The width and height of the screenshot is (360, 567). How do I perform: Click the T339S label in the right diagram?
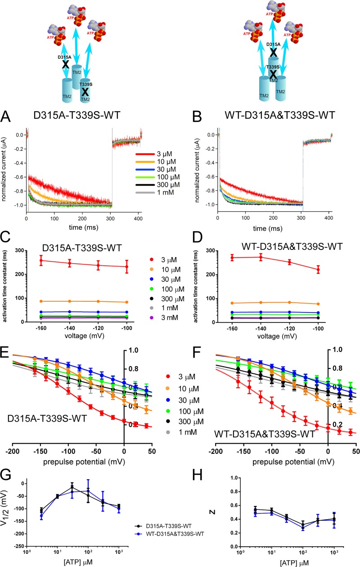[x=271, y=67]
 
